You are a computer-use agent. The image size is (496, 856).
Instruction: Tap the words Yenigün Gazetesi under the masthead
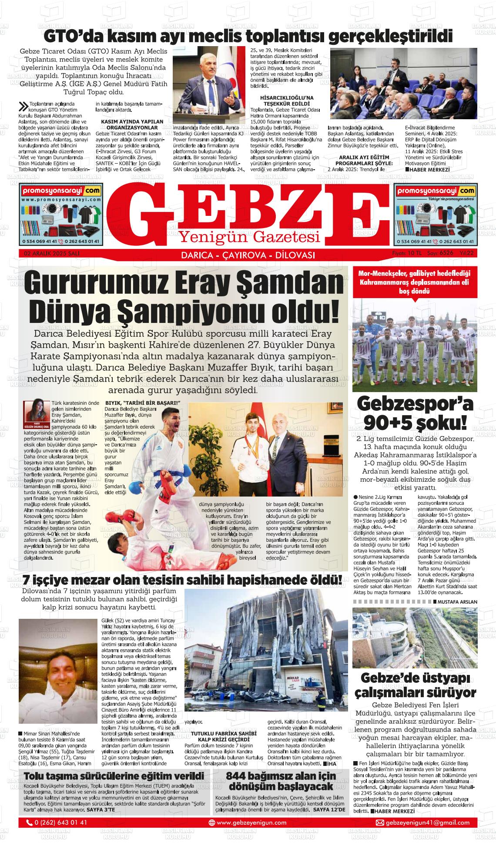tap(250, 237)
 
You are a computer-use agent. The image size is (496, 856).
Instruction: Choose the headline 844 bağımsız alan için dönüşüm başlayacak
tap(281, 781)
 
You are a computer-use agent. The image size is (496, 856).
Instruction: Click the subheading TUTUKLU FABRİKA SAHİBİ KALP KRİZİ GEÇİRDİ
tap(221, 736)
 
